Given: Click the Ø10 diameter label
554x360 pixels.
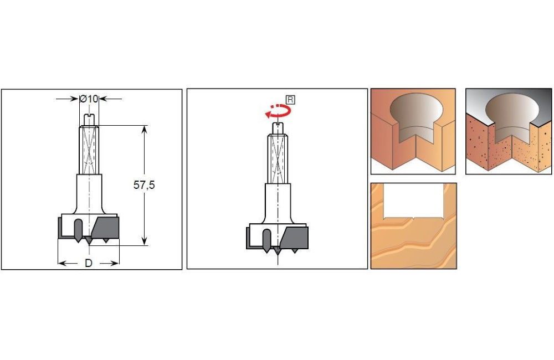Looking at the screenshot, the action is pyautogui.click(x=89, y=99).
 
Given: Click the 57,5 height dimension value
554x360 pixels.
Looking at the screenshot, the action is pyautogui.click(x=144, y=185).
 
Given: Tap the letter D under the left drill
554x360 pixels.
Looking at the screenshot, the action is pyautogui.click(x=88, y=263).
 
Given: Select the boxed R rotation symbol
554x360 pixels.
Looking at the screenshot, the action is pyautogui.click(x=290, y=100).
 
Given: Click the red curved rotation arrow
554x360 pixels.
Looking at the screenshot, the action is pyautogui.click(x=278, y=111).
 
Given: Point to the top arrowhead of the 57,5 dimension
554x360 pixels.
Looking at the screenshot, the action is pyautogui.click(x=144, y=129).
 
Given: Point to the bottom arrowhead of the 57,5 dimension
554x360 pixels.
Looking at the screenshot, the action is pyautogui.click(x=144, y=240).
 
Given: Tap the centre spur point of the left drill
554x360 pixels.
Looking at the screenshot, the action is pyautogui.click(x=89, y=241).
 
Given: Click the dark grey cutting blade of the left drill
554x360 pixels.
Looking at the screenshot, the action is pyautogui.click(x=105, y=228).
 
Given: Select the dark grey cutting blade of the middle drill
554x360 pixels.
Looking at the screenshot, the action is pyautogui.click(x=294, y=238).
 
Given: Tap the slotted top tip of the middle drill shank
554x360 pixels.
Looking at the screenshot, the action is pyautogui.click(x=278, y=128).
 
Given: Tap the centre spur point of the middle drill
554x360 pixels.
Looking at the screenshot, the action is pyautogui.click(x=278, y=251).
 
